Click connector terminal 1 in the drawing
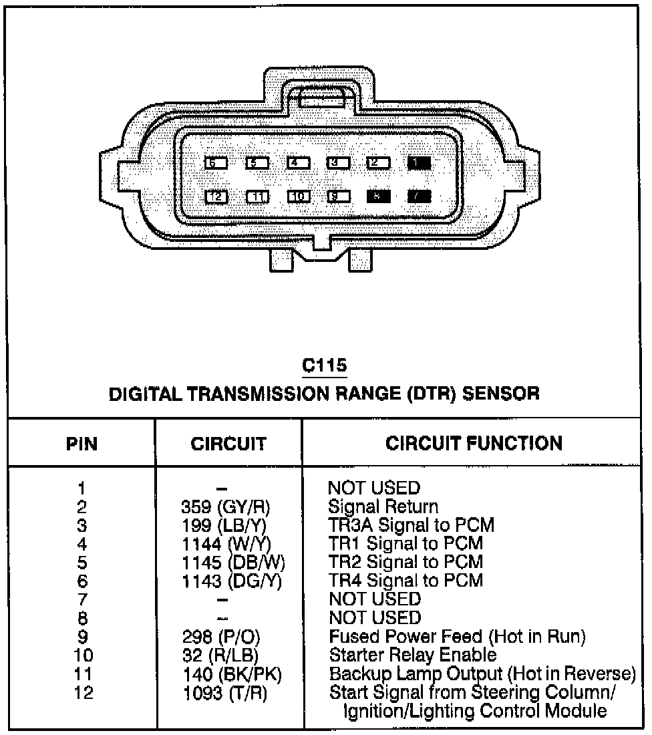click(419, 162)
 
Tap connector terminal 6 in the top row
click(216, 162)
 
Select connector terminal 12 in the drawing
click(216, 196)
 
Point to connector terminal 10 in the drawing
click(298, 196)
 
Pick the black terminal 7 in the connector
click(419, 196)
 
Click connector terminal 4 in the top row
click(298, 162)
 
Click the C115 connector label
click(325, 365)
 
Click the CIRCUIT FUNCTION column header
click(474, 443)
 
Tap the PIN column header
click(81, 444)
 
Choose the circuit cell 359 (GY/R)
click(226, 506)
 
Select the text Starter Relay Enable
click(413, 655)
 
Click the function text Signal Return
click(383, 506)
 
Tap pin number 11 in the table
click(81, 674)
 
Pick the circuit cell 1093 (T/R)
click(225, 693)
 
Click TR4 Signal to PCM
click(405, 580)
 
